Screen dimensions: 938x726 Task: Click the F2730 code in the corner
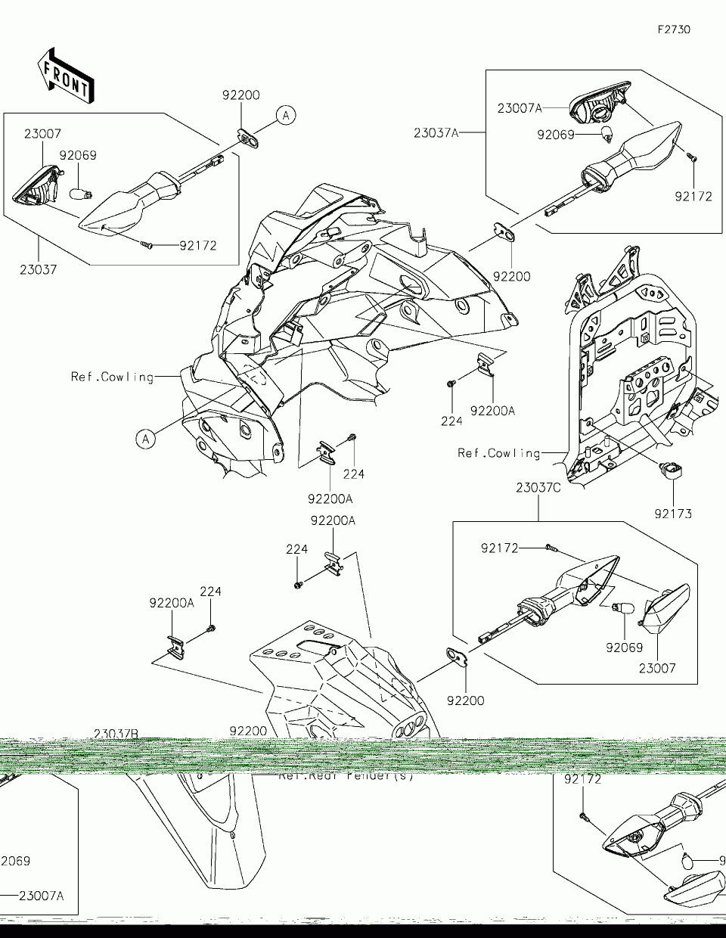(674, 30)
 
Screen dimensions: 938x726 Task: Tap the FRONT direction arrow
(66, 76)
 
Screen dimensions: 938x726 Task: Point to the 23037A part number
(436, 132)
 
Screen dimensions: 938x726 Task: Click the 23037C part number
(538, 488)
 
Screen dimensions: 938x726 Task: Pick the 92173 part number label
(673, 514)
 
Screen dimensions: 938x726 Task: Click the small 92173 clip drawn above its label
(671, 471)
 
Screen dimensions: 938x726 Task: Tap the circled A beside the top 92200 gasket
(286, 115)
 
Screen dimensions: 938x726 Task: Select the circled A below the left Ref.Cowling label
(147, 437)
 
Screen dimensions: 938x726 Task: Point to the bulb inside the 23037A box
(606, 135)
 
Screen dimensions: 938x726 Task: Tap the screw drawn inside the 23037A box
(692, 158)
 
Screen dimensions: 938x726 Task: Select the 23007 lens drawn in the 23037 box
(36, 187)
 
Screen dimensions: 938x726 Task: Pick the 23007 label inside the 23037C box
(656, 668)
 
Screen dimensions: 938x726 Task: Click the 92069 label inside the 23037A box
(557, 135)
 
